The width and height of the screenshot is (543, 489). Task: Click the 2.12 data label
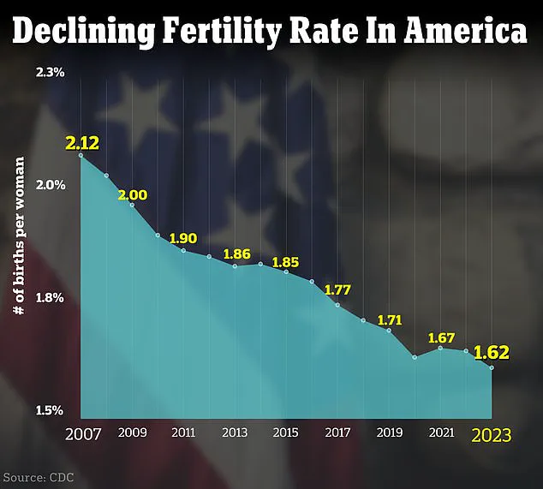tap(81, 141)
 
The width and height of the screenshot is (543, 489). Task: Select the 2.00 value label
tap(133, 195)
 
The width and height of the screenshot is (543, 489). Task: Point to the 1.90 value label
tap(183, 238)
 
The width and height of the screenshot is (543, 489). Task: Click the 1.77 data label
tap(338, 289)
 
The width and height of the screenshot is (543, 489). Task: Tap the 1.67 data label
tap(441, 337)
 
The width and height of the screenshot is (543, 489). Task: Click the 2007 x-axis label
tap(82, 434)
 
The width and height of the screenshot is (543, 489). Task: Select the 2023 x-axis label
tap(492, 435)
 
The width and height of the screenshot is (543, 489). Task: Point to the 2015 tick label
tap(287, 432)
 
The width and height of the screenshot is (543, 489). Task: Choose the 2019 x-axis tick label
tap(390, 432)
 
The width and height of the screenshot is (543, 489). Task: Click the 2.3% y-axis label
tap(50, 73)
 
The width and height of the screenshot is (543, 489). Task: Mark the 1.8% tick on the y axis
tap(50, 299)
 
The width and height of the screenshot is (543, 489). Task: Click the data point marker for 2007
tap(81, 156)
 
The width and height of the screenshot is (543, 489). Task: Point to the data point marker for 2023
tap(492, 368)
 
